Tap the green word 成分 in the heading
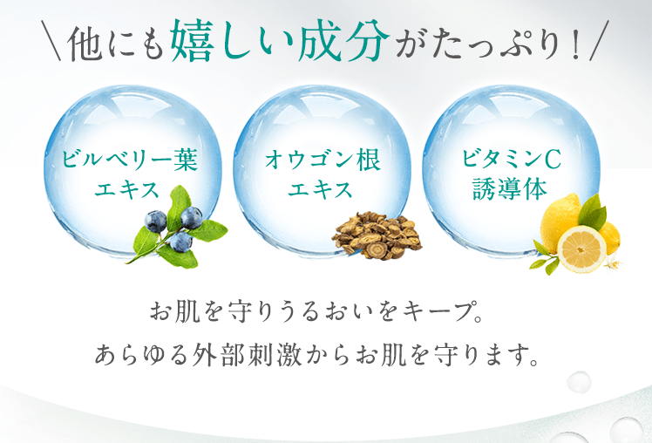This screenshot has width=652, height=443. (x=343, y=40)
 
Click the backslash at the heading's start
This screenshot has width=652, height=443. (x=51, y=41)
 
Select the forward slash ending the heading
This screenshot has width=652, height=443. (x=599, y=41)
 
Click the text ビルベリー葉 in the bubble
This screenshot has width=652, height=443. (x=130, y=160)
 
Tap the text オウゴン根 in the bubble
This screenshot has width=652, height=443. (x=323, y=160)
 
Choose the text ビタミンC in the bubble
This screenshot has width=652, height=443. (x=512, y=159)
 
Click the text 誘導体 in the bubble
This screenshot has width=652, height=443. (x=509, y=189)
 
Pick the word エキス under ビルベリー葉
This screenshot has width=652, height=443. (x=126, y=190)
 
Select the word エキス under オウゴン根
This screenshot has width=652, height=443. (x=320, y=190)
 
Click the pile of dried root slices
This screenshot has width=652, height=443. (x=377, y=235)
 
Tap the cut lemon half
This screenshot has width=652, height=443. (x=581, y=249)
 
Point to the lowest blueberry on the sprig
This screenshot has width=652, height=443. (x=181, y=242)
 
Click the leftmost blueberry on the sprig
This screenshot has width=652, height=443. (x=155, y=221)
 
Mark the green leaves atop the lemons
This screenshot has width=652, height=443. (x=592, y=212)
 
